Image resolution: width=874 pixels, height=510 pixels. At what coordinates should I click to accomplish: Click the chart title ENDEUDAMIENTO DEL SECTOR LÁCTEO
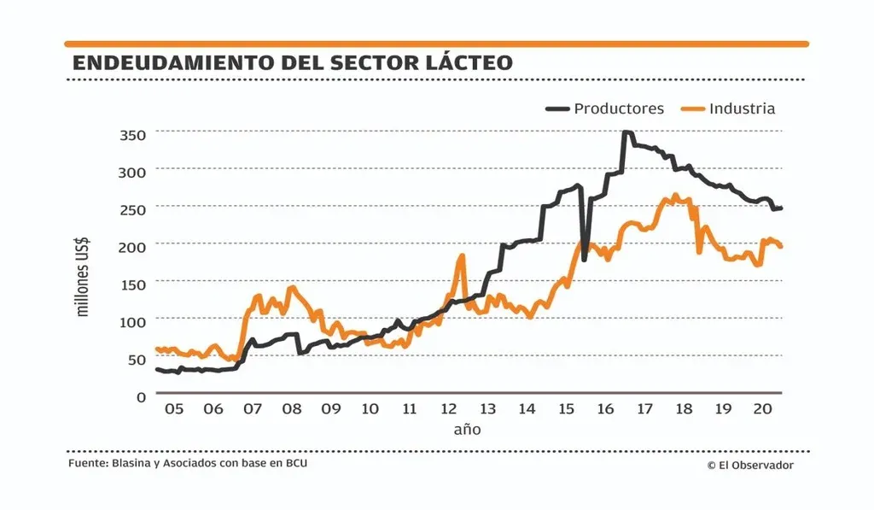click(x=293, y=62)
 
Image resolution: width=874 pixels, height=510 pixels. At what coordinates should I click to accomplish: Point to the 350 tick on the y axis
click(x=132, y=134)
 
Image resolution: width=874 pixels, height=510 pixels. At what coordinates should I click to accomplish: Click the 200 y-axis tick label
click(x=132, y=246)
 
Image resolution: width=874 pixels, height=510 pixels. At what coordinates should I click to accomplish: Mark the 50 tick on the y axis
click(x=137, y=360)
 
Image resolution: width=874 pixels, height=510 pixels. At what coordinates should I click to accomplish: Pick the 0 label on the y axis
click(x=141, y=396)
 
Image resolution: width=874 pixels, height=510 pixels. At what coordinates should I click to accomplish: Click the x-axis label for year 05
click(x=174, y=409)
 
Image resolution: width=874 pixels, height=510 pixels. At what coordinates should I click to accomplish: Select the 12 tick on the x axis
click(x=448, y=409)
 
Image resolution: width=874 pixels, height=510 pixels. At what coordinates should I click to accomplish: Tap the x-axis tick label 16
click(x=605, y=409)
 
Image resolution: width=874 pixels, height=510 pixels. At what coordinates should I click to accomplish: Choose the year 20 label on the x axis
click(x=761, y=409)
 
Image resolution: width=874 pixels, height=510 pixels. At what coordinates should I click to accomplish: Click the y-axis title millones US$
click(x=84, y=278)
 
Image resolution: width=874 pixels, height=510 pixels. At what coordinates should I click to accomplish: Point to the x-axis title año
click(x=467, y=429)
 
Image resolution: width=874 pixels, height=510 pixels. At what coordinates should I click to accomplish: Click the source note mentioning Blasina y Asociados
click(x=188, y=463)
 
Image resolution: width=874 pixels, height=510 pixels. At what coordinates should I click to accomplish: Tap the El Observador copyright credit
click(x=750, y=465)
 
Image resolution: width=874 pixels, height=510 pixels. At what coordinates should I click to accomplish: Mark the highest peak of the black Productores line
click(x=626, y=132)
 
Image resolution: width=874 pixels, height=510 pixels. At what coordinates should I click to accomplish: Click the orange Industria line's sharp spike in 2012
click(x=462, y=255)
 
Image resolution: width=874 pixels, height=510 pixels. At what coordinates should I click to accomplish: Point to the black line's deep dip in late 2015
click(x=585, y=259)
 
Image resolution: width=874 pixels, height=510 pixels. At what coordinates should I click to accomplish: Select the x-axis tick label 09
click(x=331, y=409)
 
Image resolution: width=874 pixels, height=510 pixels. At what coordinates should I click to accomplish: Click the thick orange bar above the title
click(x=436, y=44)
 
